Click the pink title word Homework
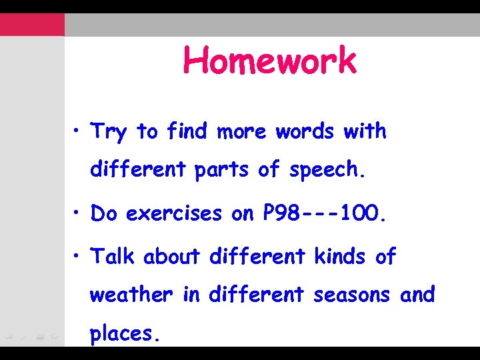coord(270,61)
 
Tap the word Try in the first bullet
coord(108,132)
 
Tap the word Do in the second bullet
coord(105,213)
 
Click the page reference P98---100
coord(324,213)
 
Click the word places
coord(125,333)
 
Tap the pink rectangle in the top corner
coord(32,25)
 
